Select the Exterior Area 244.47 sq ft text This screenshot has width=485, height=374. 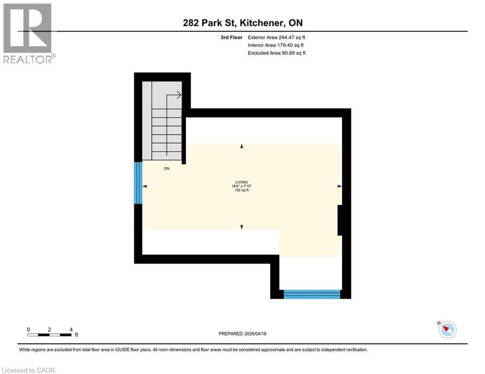pos(277,37)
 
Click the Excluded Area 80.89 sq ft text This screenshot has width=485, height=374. pos(277,53)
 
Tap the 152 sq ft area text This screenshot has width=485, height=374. pos(239,190)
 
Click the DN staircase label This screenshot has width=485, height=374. pos(167,168)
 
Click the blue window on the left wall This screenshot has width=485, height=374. pos(138,183)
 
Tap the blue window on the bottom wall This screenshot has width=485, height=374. pos(312,294)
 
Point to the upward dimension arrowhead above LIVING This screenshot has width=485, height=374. pos(242,146)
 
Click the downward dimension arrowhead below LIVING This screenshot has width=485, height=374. pos(242,226)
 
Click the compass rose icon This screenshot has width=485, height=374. pos(447,330)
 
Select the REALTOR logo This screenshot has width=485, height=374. pos(28,33)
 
